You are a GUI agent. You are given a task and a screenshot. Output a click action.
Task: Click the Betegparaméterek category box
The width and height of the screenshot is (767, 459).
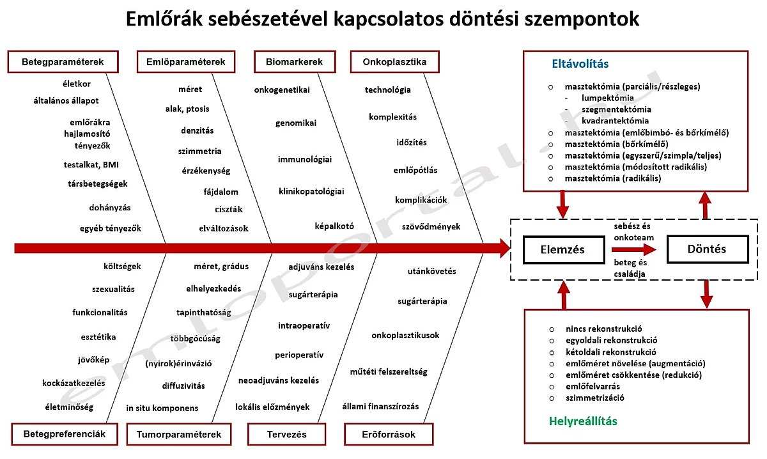tap(63, 62)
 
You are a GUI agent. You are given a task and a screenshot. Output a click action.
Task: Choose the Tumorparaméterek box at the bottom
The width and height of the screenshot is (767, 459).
tap(178, 434)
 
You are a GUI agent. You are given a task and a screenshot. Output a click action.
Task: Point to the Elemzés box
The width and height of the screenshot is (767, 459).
tap(562, 249)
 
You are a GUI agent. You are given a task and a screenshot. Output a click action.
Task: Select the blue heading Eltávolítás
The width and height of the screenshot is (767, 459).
tap(580, 64)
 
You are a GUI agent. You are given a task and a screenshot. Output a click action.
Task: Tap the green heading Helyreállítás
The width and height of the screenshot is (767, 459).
tap(583, 421)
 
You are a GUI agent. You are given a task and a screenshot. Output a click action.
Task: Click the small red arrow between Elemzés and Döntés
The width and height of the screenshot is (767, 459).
tap(633, 249)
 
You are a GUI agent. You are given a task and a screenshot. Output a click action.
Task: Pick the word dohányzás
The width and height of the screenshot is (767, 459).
tap(110, 207)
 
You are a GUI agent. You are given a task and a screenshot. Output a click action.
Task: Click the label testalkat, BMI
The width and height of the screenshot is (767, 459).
tap(91, 164)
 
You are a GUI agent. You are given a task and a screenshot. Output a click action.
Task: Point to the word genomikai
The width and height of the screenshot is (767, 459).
tap(296, 123)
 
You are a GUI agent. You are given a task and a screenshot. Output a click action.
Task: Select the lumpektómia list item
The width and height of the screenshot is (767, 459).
tap(608, 98)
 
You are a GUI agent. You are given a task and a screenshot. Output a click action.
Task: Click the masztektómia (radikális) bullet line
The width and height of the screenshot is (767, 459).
tap(613, 178)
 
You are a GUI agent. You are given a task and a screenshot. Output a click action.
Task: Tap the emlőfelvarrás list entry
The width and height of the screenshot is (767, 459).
tap(593, 386)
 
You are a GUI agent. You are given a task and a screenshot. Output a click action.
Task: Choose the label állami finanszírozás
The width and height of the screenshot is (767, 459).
tap(380, 407)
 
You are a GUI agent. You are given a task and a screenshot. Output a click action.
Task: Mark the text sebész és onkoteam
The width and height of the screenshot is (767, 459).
tap(633, 231)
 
